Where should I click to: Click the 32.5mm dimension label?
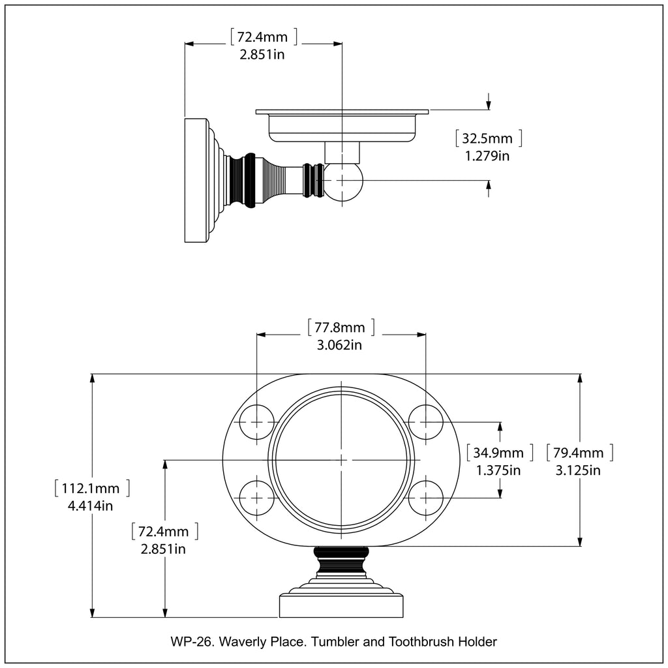[x=488, y=138]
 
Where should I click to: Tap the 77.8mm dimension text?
[x=341, y=327]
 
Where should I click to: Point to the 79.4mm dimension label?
[x=579, y=453]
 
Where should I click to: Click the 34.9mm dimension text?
[x=498, y=453]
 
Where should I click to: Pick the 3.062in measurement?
[x=339, y=345]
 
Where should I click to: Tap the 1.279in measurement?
[x=487, y=156]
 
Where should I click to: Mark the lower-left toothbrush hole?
[x=256, y=498]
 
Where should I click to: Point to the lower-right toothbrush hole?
[x=426, y=498]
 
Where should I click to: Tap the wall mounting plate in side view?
[x=196, y=181]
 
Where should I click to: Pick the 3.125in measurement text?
[x=578, y=470]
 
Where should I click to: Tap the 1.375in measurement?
[x=498, y=470]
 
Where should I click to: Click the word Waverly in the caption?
[x=242, y=641]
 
